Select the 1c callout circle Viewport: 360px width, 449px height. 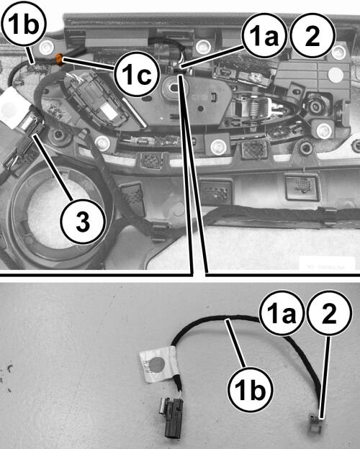(136, 73)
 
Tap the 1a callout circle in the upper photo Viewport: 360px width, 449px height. (264, 37)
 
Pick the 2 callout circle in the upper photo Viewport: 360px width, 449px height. (312, 36)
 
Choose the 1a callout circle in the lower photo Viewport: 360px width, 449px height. (282, 314)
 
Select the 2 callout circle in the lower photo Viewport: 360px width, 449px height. (329, 314)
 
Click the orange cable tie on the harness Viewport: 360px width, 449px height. (59, 60)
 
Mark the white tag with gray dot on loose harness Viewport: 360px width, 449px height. (158, 364)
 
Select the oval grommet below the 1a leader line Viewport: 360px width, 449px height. (174, 86)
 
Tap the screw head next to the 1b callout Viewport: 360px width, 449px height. (46, 46)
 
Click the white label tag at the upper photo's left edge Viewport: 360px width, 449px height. (13, 106)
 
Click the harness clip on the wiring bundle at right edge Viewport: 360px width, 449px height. (328, 216)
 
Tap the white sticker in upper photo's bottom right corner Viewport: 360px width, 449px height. (327, 264)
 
